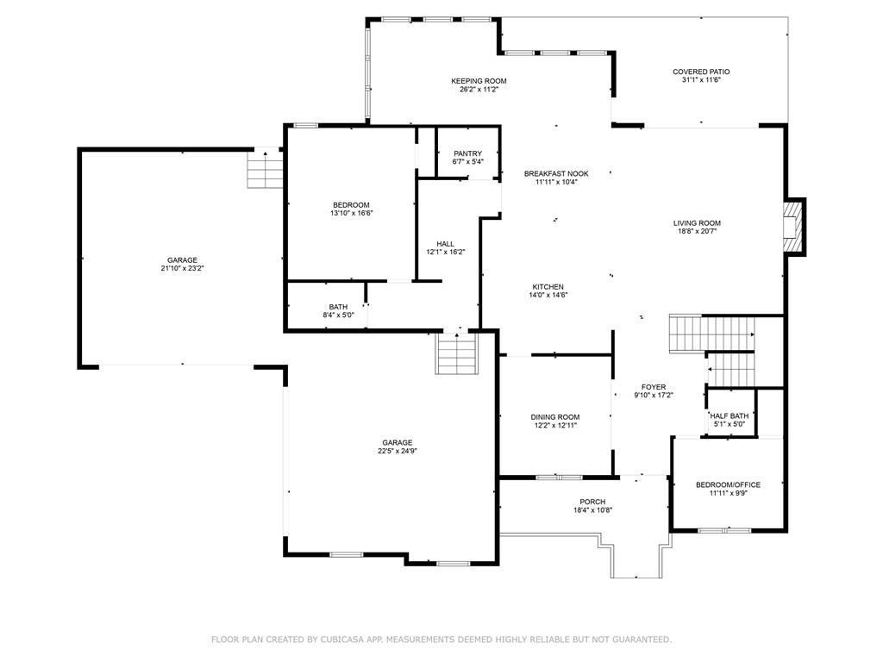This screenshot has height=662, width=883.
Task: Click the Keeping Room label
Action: [479, 81]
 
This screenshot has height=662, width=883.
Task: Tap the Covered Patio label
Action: [701, 72]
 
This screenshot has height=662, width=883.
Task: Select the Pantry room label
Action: [468, 153]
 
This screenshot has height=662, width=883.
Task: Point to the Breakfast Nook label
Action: [556, 174]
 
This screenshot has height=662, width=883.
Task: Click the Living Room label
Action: [697, 223]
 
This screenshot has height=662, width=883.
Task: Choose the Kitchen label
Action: [548, 287]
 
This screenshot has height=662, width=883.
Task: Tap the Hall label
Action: [446, 244]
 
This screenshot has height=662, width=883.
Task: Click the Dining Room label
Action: [555, 417]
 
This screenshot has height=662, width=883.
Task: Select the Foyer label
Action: [654, 387]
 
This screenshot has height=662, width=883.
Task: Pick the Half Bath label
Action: [730, 416]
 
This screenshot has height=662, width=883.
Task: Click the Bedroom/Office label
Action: [728, 484]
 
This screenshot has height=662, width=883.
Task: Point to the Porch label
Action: [592, 503]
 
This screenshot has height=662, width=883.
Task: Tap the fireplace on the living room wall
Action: [794, 227]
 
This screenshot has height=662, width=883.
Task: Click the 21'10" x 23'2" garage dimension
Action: [182, 269]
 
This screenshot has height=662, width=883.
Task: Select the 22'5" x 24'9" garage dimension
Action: [397, 451]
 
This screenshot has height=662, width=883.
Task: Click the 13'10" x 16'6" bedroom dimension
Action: [352, 214]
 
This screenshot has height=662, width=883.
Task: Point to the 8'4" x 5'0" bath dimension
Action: [338, 315]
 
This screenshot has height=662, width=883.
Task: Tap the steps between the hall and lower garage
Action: [457, 353]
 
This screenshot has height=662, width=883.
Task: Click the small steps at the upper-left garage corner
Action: [265, 167]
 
